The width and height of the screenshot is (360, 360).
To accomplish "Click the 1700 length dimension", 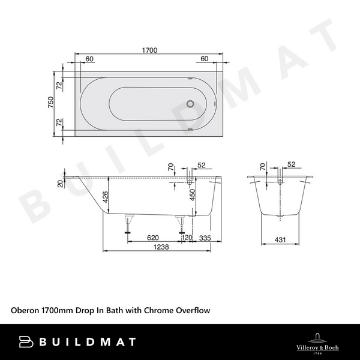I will click(149, 51).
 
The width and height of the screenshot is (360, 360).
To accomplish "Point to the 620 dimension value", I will click(152, 238).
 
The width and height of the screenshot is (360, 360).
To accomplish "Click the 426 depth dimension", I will click(104, 197).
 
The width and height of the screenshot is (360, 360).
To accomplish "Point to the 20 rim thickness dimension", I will click(60, 184).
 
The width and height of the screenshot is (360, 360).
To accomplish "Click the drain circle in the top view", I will click(191, 103).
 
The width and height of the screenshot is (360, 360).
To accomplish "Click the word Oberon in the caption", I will click(25, 311).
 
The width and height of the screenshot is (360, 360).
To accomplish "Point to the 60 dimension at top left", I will click(89, 59).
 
